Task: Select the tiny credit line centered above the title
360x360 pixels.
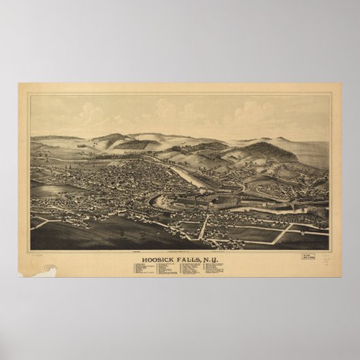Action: (x=180, y=251)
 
